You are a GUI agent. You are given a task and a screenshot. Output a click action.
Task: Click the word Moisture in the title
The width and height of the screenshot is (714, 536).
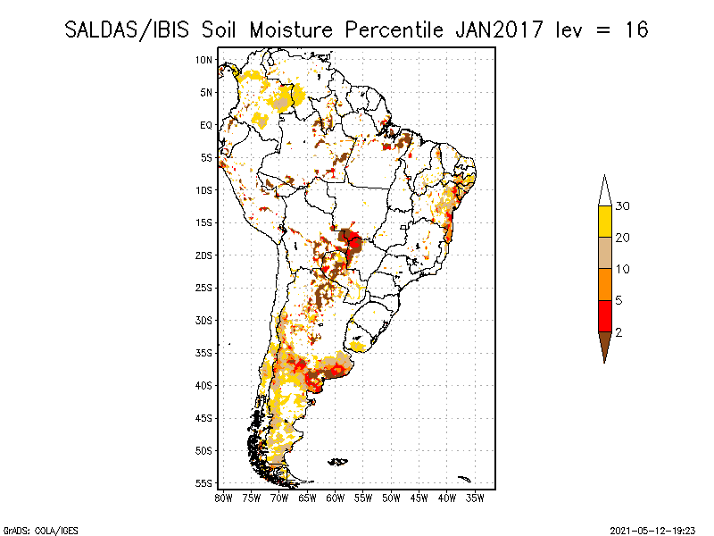click(x=291, y=30)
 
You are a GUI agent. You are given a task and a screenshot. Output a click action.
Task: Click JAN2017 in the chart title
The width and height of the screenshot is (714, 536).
click(x=499, y=30)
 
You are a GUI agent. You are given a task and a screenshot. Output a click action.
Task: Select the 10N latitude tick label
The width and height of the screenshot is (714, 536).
click(x=204, y=60)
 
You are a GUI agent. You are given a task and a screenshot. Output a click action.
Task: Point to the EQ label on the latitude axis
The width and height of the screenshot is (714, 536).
click(x=206, y=125)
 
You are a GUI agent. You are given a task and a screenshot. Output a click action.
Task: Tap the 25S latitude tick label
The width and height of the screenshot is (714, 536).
click(x=204, y=288)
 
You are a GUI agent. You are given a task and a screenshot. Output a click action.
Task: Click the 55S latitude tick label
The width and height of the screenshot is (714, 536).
click(x=204, y=483)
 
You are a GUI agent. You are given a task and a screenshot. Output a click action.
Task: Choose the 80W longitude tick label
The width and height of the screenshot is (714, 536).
click(x=223, y=498)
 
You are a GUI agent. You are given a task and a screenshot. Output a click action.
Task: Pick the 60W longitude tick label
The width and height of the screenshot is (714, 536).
click(x=336, y=498)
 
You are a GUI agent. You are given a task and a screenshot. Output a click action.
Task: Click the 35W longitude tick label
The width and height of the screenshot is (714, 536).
click(x=475, y=498)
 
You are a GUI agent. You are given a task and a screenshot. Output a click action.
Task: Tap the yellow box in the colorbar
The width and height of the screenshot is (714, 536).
click(x=605, y=222)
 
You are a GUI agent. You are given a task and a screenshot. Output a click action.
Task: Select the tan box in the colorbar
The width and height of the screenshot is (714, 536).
click(x=605, y=253)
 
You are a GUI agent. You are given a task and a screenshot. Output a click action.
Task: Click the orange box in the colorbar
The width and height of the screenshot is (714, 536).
click(x=605, y=284)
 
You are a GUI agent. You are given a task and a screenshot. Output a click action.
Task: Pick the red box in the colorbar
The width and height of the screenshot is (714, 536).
click(x=605, y=316)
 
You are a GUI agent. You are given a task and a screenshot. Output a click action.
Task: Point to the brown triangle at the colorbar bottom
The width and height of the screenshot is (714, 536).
click(x=605, y=344)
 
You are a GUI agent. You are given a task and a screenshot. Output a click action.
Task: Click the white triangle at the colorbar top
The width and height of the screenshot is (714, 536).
click(x=605, y=194)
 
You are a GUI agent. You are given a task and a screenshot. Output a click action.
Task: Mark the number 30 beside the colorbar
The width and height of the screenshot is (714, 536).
click(x=622, y=206)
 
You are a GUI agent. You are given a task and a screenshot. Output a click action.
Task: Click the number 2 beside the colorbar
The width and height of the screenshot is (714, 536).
click(x=619, y=332)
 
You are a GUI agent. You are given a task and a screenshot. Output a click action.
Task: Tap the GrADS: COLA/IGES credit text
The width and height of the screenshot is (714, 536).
click(x=40, y=531)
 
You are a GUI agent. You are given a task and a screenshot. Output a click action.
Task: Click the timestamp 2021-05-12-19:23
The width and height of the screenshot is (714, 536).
click(x=652, y=531)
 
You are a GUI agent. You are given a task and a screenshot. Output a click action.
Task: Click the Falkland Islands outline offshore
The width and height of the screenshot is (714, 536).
click(x=338, y=462)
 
